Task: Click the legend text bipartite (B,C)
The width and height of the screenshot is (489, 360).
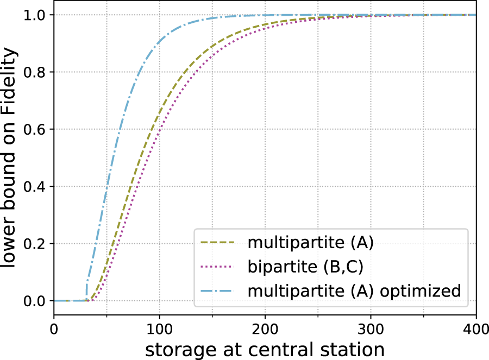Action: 304,267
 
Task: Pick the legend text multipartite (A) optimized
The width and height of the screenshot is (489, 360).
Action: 354,290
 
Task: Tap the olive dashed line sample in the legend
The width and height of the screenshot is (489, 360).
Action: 217,243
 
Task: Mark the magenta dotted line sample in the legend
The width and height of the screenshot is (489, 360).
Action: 217,267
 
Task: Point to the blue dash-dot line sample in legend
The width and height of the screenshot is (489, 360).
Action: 217,290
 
